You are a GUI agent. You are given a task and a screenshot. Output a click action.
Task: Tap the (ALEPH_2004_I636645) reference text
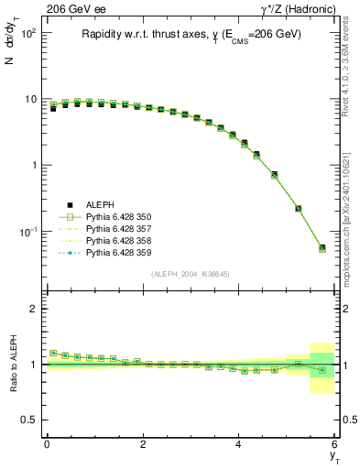click(x=190, y=275)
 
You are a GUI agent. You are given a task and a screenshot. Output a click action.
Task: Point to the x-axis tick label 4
click(x=238, y=445)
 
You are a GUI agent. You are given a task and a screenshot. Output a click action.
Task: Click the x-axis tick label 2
click(x=142, y=445)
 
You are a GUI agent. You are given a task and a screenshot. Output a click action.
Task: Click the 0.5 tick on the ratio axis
click(x=29, y=420)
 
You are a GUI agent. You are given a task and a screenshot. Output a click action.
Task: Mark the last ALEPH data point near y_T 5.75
click(x=322, y=247)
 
